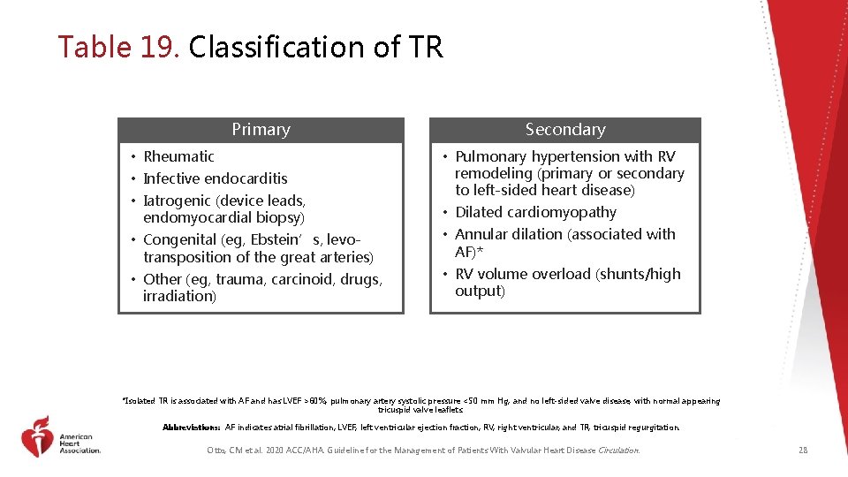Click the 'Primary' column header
pyautogui.click(x=261, y=130)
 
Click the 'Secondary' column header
pyautogui.click(x=565, y=130)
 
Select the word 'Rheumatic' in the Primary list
pyautogui.click(x=178, y=156)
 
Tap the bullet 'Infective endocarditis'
pyautogui.click(x=215, y=178)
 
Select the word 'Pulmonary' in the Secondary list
pyautogui.click(x=491, y=156)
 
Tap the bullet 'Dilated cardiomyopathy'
pyautogui.click(x=535, y=212)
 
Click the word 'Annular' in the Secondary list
pyautogui.click(x=482, y=234)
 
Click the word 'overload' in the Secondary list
pyautogui.click(x=560, y=274)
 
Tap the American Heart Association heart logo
pyautogui.click(x=36, y=436)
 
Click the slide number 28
pyautogui.click(x=802, y=450)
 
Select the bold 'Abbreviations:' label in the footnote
pyautogui.click(x=191, y=428)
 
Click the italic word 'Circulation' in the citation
pyautogui.click(x=618, y=450)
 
